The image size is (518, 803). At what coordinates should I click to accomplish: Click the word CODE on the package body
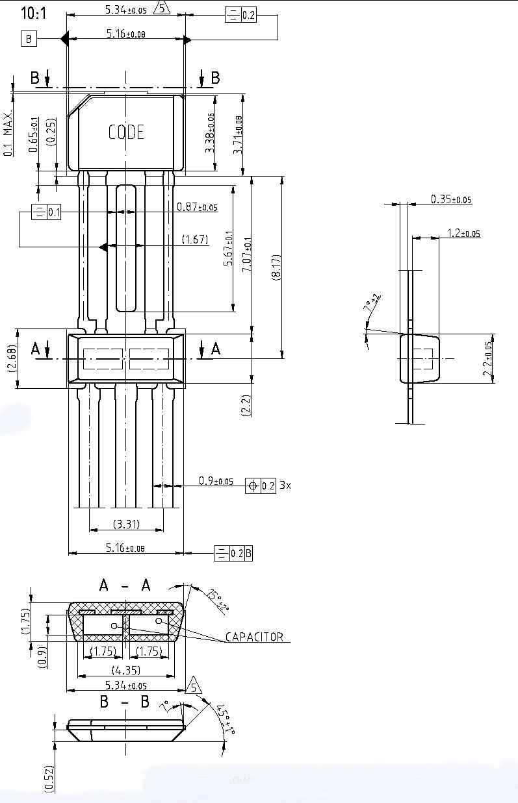pos(126,132)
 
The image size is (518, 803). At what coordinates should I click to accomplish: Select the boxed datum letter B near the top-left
pos(29,40)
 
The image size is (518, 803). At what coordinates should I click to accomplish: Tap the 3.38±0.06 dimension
pos(210,133)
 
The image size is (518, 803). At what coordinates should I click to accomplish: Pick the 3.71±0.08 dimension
pos(238,134)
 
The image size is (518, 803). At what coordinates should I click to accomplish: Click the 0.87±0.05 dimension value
pos(197,208)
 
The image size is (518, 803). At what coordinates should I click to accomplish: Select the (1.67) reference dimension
pos(195,240)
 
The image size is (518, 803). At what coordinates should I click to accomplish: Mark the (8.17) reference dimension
pos(276,266)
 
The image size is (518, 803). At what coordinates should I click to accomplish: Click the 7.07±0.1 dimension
pos(247,254)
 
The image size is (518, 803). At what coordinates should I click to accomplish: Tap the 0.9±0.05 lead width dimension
pos(216,481)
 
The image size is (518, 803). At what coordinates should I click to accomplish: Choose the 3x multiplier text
pos(285,485)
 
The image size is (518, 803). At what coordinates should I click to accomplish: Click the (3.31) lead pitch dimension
pos(126,524)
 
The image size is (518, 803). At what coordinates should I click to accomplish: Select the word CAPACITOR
pos(254,637)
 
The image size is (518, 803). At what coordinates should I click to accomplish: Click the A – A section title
pos(125,586)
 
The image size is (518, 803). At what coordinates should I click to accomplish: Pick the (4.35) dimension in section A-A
pos(126,669)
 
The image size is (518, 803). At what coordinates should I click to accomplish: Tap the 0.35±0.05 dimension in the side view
pos(451,199)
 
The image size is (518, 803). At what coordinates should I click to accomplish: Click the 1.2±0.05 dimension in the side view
pos(463,232)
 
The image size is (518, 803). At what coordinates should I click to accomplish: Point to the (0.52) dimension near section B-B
pos(49,777)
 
